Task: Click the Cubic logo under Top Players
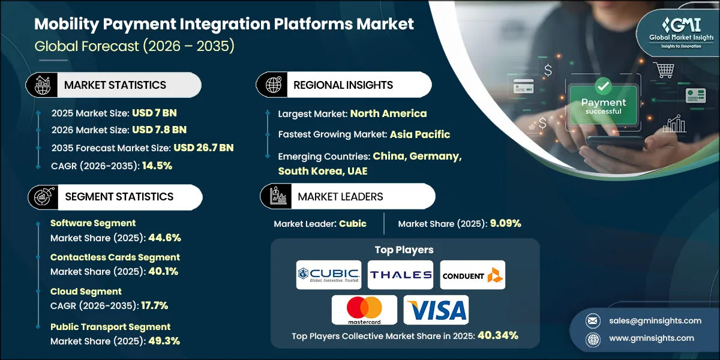click(x=328, y=275)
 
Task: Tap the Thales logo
click(x=400, y=275)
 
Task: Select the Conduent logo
click(x=473, y=275)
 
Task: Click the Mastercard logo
click(x=364, y=310)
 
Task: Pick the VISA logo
click(x=436, y=310)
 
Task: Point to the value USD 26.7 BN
click(x=203, y=148)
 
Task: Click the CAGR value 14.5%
click(x=157, y=166)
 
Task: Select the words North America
click(x=388, y=113)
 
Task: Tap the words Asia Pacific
click(x=419, y=134)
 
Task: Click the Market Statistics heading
click(x=115, y=85)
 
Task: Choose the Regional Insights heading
click(x=343, y=85)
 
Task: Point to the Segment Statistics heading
click(x=118, y=197)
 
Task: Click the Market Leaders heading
click(x=340, y=197)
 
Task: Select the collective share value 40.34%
click(x=497, y=336)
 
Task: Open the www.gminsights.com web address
click(x=652, y=338)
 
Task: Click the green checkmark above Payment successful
click(x=603, y=88)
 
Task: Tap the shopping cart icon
click(x=664, y=71)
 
